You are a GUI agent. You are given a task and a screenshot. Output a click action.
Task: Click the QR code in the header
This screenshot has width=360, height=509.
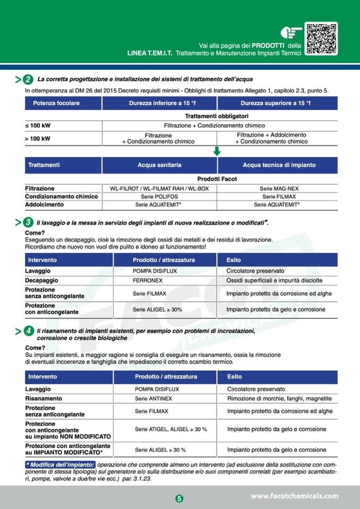point(322,38)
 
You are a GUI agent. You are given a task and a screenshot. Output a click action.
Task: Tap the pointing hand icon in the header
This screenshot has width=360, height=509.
point(291,33)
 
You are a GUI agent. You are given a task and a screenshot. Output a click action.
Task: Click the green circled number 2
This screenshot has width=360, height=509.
point(28,80)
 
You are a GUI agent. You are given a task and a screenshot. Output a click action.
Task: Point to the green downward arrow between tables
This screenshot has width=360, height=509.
point(217,151)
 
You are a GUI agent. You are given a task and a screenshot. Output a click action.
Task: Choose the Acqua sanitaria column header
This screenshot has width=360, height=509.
point(159,165)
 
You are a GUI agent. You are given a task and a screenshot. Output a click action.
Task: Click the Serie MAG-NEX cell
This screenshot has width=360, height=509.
point(277,188)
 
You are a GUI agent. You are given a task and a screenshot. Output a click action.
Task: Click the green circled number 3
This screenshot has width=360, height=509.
point(28,222)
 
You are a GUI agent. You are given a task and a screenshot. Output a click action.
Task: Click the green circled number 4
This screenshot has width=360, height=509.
point(28,331)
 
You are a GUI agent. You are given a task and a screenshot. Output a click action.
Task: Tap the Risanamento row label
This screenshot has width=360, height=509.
point(44,399)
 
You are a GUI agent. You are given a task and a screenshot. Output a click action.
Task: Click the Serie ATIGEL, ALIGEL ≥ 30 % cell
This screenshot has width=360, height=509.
point(171,429)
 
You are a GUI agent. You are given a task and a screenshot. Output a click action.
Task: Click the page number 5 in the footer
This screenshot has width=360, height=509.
point(179,498)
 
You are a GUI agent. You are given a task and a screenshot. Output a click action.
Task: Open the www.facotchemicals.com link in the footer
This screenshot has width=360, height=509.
point(294,496)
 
